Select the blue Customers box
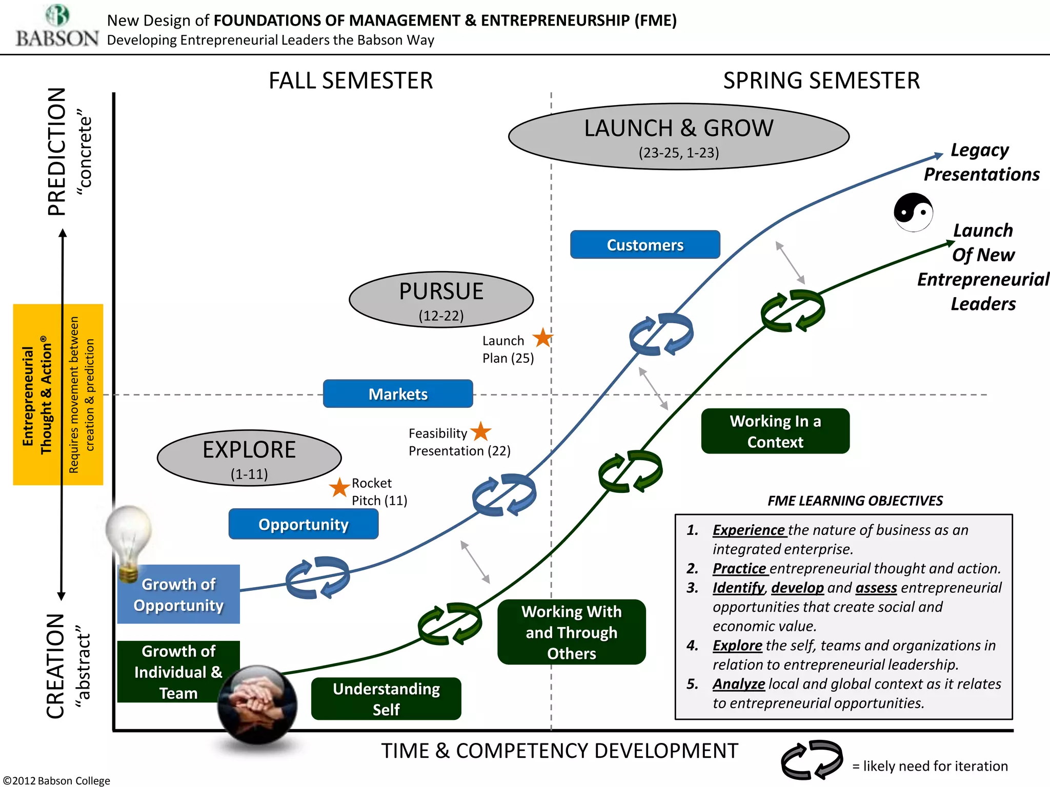pos(644,245)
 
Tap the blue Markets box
pos(398,394)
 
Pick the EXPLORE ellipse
pos(249,458)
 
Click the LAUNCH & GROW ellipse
pos(678,136)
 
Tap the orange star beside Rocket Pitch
pos(339,487)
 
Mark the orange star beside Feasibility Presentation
pos(481,431)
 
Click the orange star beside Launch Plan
pos(542,338)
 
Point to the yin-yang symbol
pos(913,212)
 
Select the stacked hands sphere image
pos(257,705)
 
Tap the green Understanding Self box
pos(386,699)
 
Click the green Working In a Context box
pos(775,431)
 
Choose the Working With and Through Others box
pos(571,632)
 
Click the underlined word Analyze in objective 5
pos(738,684)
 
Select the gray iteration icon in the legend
pos(812,760)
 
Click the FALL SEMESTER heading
pos(351,81)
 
